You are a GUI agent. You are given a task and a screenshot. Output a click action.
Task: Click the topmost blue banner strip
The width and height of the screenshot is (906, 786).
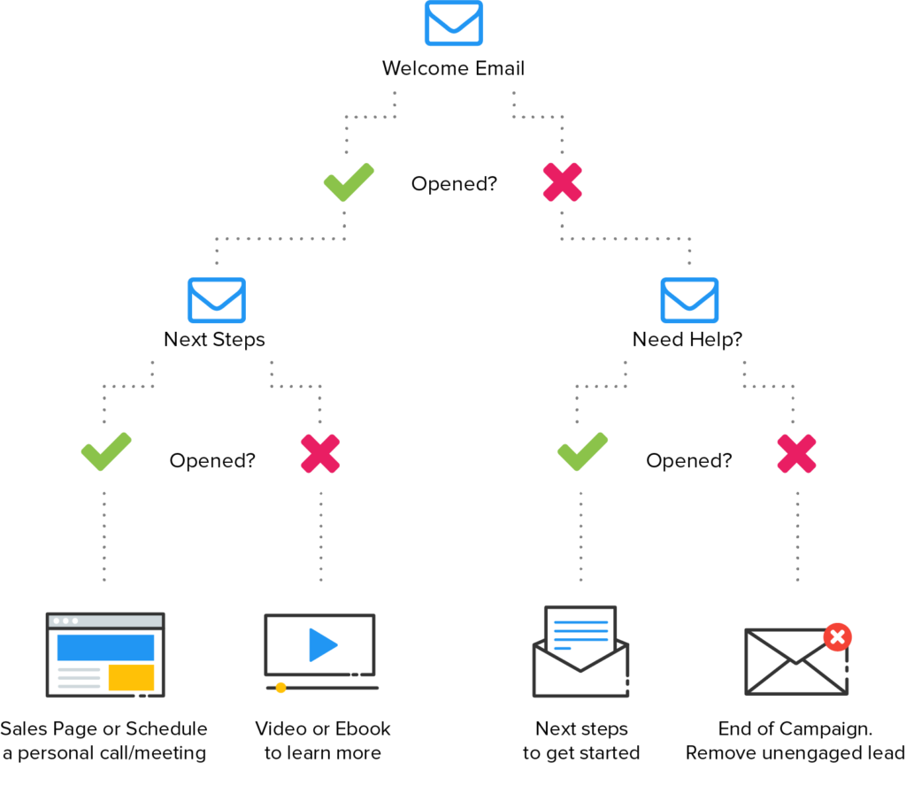coord(453,23)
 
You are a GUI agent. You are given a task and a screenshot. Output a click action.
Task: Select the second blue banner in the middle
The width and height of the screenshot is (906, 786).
coord(453,300)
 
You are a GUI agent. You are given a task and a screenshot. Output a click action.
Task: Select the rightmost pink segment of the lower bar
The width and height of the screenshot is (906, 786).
coord(814,451)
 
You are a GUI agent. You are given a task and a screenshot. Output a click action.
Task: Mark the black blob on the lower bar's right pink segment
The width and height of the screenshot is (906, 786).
coord(664,460)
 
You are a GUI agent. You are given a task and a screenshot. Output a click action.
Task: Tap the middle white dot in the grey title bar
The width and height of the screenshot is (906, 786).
coord(65,621)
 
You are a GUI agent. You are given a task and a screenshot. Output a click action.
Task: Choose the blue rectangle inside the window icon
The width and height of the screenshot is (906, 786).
coord(102,647)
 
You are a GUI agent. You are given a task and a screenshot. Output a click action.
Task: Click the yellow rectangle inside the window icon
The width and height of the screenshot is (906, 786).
coord(128,677)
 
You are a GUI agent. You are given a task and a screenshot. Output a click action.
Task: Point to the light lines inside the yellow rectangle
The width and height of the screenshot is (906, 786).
coord(75,677)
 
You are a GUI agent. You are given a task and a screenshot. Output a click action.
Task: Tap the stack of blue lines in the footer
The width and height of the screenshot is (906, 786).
coord(578,636)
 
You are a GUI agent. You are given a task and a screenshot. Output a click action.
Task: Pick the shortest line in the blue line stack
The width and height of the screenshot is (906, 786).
coord(560,648)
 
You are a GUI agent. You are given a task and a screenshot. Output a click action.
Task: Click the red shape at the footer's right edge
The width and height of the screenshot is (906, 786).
coord(871,634)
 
